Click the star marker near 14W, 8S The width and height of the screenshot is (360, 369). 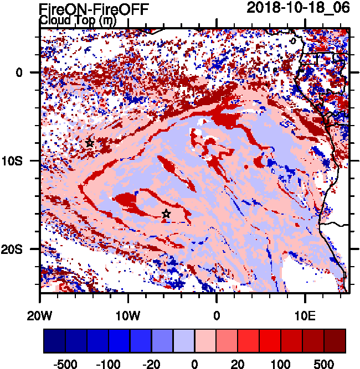click(x=90, y=143)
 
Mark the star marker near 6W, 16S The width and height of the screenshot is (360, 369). click(x=166, y=214)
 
